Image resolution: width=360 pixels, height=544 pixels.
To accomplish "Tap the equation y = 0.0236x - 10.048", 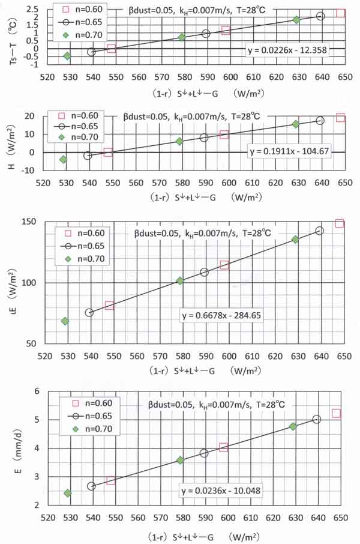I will tap(221, 489).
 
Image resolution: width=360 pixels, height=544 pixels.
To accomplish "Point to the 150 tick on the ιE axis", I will tap(33, 222).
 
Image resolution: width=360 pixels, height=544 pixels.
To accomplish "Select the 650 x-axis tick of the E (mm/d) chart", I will tap(340, 516).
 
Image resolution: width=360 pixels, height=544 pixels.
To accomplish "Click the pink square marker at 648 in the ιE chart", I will tap(340, 223).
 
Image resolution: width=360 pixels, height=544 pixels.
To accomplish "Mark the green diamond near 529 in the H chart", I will tap(64, 159).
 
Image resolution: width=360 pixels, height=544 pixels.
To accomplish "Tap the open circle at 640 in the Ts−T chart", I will tap(320, 16).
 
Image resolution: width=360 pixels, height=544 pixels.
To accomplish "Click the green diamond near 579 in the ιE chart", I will tap(179, 280).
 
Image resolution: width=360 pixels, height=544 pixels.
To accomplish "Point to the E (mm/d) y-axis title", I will tap(11, 450).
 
